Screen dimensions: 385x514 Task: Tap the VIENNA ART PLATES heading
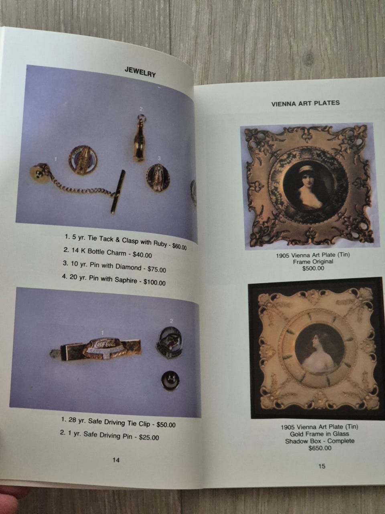click(x=305, y=103)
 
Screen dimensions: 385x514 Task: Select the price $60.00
click(x=179, y=246)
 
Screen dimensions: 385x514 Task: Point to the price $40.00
click(x=142, y=255)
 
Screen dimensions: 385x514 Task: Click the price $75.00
click(x=157, y=269)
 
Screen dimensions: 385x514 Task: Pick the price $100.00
click(x=154, y=282)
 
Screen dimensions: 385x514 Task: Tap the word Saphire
click(x=126, y=280)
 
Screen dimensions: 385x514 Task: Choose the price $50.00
click(x=166, y=424)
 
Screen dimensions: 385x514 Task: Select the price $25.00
click(x=149, y=437)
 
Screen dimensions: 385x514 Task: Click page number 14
click(x=116, y=460)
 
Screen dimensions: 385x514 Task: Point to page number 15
click(x=322, y=466)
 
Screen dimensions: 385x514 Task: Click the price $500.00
click(x=313, y=268)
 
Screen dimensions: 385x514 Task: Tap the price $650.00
click(x=320, y=448)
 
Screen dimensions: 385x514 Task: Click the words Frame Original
click(x=313, y=261)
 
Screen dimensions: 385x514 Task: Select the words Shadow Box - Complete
click(x=320, y=441)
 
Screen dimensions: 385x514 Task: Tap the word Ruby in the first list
click(x=160, y=243)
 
